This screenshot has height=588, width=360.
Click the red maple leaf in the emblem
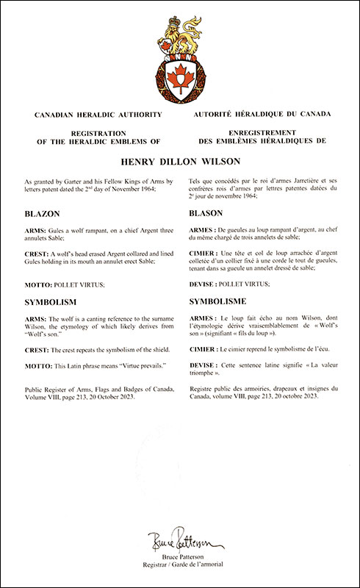[180, 75]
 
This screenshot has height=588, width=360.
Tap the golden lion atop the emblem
[180, 37]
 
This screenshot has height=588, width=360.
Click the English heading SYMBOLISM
[53, 302]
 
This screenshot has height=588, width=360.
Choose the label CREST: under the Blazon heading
[38, 252]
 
